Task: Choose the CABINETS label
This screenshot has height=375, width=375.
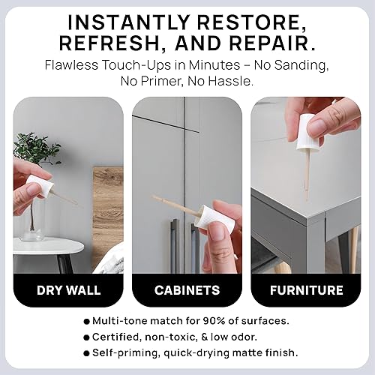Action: (187, 290)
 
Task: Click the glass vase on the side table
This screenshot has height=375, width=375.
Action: (31, 223)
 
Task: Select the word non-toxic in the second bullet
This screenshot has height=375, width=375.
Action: (179, 337)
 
